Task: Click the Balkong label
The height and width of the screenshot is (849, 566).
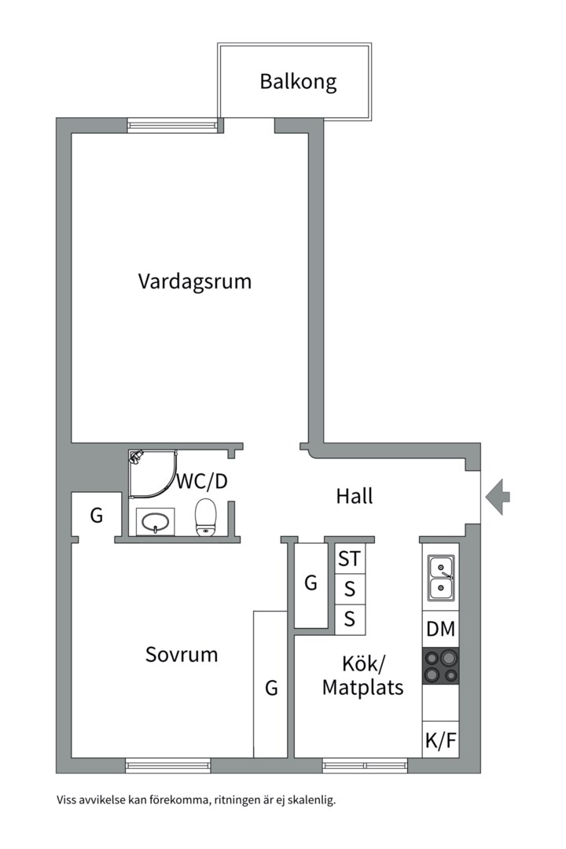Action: pos(298,82)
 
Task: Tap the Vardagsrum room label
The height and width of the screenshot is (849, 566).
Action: pos(195,281)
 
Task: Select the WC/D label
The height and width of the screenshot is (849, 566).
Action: pos(202,481)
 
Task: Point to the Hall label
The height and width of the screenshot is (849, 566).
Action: pos(355,496)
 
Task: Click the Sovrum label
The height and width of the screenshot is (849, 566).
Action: pos(182,654)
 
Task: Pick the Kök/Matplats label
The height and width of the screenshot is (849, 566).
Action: pos(362,675)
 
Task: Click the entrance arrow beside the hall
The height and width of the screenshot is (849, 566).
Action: pos(498,497)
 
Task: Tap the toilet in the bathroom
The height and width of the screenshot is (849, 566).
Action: pos(205,517)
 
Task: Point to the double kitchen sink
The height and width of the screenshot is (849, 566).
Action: pos(440,577)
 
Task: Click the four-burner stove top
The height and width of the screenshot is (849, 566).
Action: pos(440,666)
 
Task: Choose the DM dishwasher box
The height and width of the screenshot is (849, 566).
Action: pos(440,629)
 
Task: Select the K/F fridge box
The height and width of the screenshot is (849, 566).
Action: pos(440,740)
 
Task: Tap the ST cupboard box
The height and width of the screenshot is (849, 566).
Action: pos(350,559)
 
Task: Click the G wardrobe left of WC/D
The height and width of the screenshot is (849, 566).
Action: pos(96,516)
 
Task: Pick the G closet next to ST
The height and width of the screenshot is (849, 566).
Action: pos(311,584)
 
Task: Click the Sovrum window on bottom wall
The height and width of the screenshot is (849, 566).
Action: pos(168,765)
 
